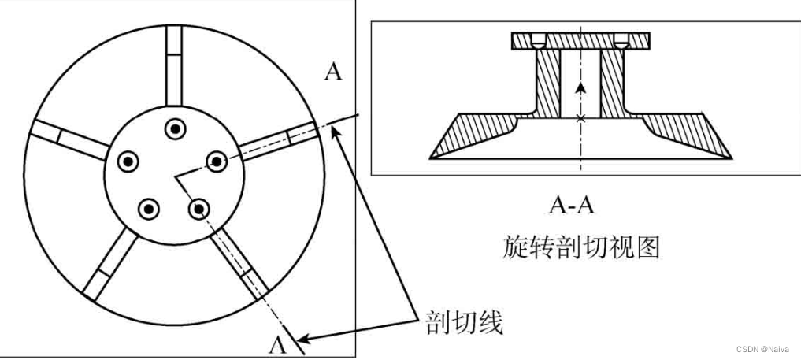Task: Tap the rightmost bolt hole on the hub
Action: click(216, 161)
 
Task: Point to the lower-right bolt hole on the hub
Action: click(199, 208)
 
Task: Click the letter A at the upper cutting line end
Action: click(334, 72)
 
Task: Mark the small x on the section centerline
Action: click(580, 118)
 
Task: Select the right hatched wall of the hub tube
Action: click(611, 83)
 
